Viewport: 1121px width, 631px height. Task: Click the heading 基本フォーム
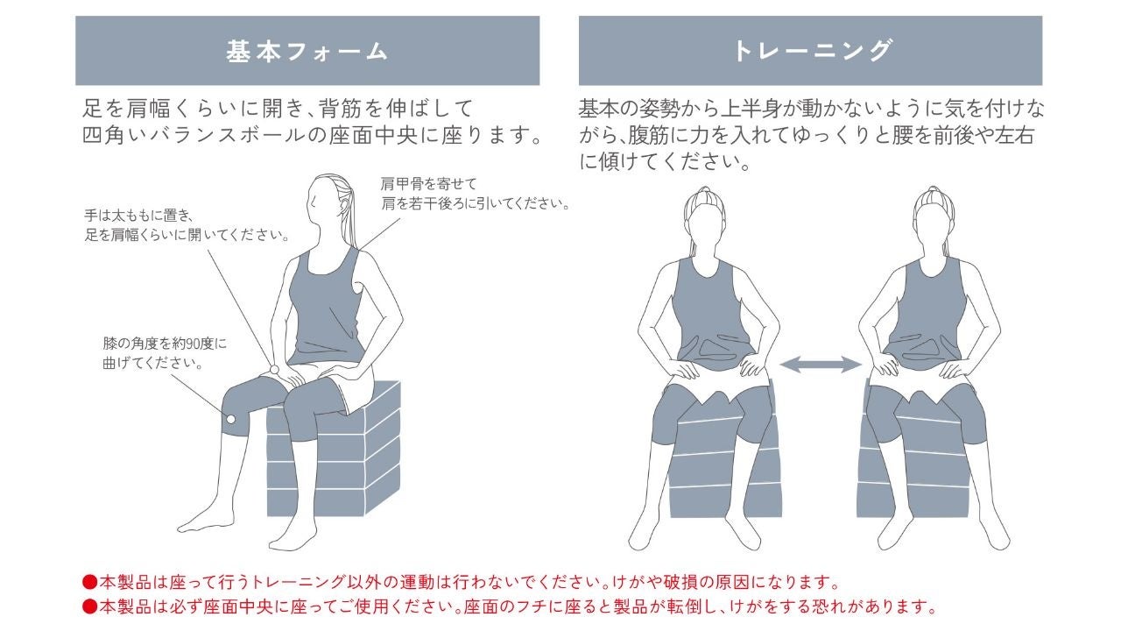click(307, 51)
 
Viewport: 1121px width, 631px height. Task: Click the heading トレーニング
click(811, 51)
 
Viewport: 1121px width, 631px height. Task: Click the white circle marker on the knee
click(230, 419)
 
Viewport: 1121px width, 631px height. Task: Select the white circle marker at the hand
click(274, 369)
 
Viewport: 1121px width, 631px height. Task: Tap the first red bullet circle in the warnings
click(89, 582)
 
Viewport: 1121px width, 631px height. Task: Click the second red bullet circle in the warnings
click(89, 606)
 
